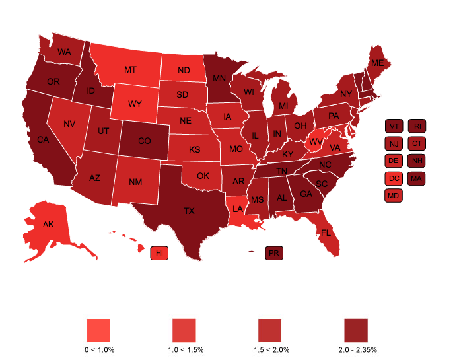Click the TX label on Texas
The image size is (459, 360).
[x=189, y=211]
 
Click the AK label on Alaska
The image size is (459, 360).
[x=48, y=224]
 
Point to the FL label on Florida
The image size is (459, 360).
[x=326, y=233]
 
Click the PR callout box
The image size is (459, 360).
[x=273, y=253]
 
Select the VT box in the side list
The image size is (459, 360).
[x=394, y=126]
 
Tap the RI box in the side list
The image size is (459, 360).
[x=417, y=126]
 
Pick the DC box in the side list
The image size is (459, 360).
[x=394, y=178]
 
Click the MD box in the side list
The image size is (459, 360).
[x=394, y=195]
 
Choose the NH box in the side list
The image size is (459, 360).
[x=417, y=161]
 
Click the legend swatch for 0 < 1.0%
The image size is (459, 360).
[x=98, y=329]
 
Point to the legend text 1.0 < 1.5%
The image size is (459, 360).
[x=184, y=349]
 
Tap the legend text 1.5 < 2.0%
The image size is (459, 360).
[x=269, y=349]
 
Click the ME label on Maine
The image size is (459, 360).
[x=377, y=63]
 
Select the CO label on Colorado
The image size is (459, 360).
[x=144, y=141]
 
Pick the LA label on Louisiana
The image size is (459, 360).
[x=238, y=209]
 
